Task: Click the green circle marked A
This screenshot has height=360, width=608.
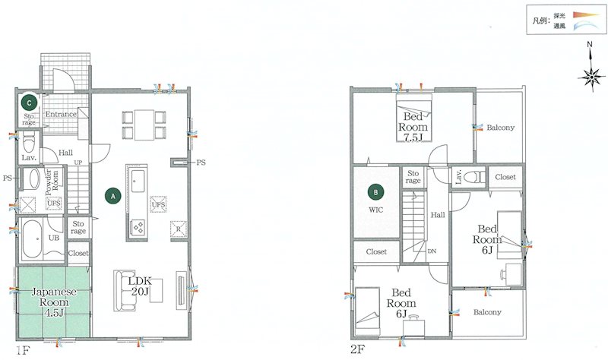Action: pyautogui.click(x=113, y=196)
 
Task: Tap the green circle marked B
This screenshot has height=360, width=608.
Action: pyautogui.click(x=375, y=192)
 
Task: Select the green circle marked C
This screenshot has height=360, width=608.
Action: pyautogui.click(x=29, y=103)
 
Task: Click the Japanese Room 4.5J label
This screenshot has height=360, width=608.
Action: pyautogui.click(x=54, y=302)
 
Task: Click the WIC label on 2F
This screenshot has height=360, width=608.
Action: pyautogui.click(x=375, y=210)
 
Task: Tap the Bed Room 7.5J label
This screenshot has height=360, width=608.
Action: pyautogui.click(x=413, y=127)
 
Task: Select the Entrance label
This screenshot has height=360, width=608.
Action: pyautogui.click(x=61, y=115)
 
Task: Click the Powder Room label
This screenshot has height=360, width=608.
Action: pyautogui.click(x=52, y=182)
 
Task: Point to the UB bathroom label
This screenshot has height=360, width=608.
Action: pyautogui.click(x=54, y=238)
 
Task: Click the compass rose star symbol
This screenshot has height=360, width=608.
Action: pyautogui.click(x=592, y=78)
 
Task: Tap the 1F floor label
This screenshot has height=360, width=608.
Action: pyautogui.click(x=23, y=351)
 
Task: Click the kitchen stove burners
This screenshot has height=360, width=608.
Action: pyautogui.click(x=139, y=226)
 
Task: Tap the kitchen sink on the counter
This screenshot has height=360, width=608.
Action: pyautogui.click(x=138, y=181)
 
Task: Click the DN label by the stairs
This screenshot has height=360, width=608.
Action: pyautogui.click(x=432, y=251)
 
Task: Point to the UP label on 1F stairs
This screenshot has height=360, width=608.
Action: pyautogui.click(x=78, y=163)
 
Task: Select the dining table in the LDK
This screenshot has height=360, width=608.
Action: pyautogui.click(x=144, y=125)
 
